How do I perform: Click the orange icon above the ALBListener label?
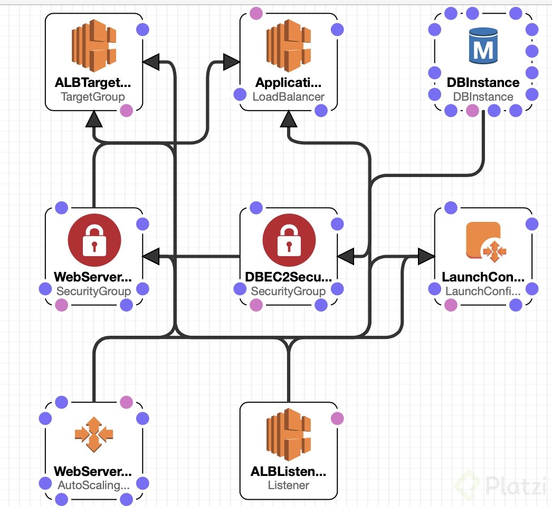point(288,434)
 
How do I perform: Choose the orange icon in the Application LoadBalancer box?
point(288,46)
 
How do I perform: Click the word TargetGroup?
point(93,97)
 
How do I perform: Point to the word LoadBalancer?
point(288,97)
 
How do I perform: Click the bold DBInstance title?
point(483,83)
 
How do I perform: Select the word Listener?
point(288,485)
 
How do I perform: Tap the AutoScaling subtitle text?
point(93,485)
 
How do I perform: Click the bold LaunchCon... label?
point(483,277)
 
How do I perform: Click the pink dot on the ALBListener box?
point(337,419)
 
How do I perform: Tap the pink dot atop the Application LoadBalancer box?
point(256,13)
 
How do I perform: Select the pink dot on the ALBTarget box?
point(126,110)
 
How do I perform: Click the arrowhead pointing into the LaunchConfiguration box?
point(425,257)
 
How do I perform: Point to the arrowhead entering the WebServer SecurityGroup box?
point(151,257)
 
